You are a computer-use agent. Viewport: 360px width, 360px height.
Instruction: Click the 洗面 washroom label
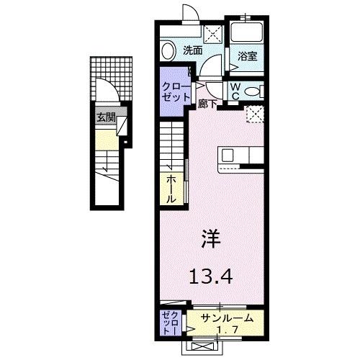click(x=192, y=50)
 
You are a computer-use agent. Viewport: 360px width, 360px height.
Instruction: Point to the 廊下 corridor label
click(x=208, y=104)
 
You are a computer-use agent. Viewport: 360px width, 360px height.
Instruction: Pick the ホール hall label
click(x=171, y=189)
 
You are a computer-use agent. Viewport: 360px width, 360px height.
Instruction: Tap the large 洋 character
click(x=211, y=238)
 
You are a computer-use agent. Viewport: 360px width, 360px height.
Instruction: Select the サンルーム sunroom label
click(x=228, y=316)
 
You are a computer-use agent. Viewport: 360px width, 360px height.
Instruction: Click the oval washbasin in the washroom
click(x=168, y=53)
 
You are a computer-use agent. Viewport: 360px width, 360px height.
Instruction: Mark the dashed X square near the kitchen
click(x=253, y=113)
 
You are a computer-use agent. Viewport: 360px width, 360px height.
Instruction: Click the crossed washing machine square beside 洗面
click(x=212, y=32)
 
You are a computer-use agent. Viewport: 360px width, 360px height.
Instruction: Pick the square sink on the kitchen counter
click(x=228, y=155)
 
